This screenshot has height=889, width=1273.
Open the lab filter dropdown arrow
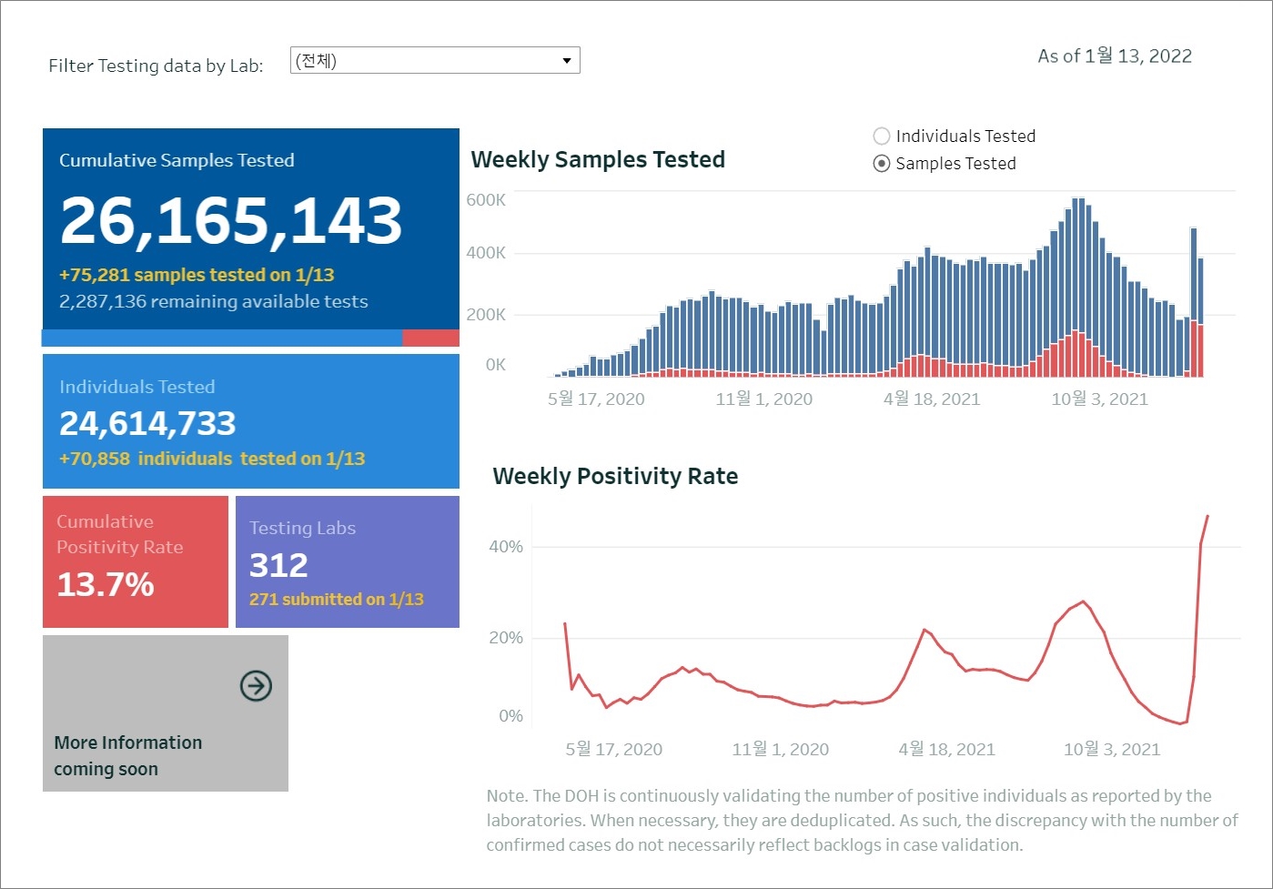pyautogui.click(x=566, y=61)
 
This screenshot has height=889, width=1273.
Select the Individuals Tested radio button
pyautogui.click(x=881, y=136)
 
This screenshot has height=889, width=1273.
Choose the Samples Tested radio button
pyautogui.click(x=881, y=164)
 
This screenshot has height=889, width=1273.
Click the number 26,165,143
pyautogui.click(x=231, y=220)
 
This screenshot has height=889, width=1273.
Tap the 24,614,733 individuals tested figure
pyautogui.click(x=147, y=423)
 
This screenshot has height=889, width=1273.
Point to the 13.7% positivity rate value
pyautogui.click(x=106, y=584)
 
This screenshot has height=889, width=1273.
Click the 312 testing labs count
pyautogui.click(x=278, y=565)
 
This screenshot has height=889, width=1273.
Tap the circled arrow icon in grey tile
pyautogui.click(x=256, y=686)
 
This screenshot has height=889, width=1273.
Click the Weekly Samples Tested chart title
pyautogui.click(x=598, y=160)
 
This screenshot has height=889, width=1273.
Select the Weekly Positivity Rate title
pyautogui.click(x=615, y=477)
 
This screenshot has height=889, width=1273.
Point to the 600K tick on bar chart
pyautogui.click(x=486, y=200)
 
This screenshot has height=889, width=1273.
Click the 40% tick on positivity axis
pyautogui.click(x=506, y=547)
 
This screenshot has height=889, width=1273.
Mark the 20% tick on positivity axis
pyautogui.click(x=506, y=638)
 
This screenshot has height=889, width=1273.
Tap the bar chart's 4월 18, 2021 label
pyautogui.click(x=932, y=399)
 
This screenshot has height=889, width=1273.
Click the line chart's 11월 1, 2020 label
pyautogui.click(x=781, y=749)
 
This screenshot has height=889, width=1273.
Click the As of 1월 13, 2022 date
pyautogui.click(x=1115, y=56)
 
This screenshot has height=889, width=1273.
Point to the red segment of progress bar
pyautogui.click(x=430, y=338)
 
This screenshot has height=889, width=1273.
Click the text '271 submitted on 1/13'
pyautogui.click(x=337, y=600)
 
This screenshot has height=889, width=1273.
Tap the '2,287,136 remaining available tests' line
pyautogui.click(x=214, y=302)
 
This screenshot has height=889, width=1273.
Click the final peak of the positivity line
pyautogui.click(x=1207, y=516)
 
